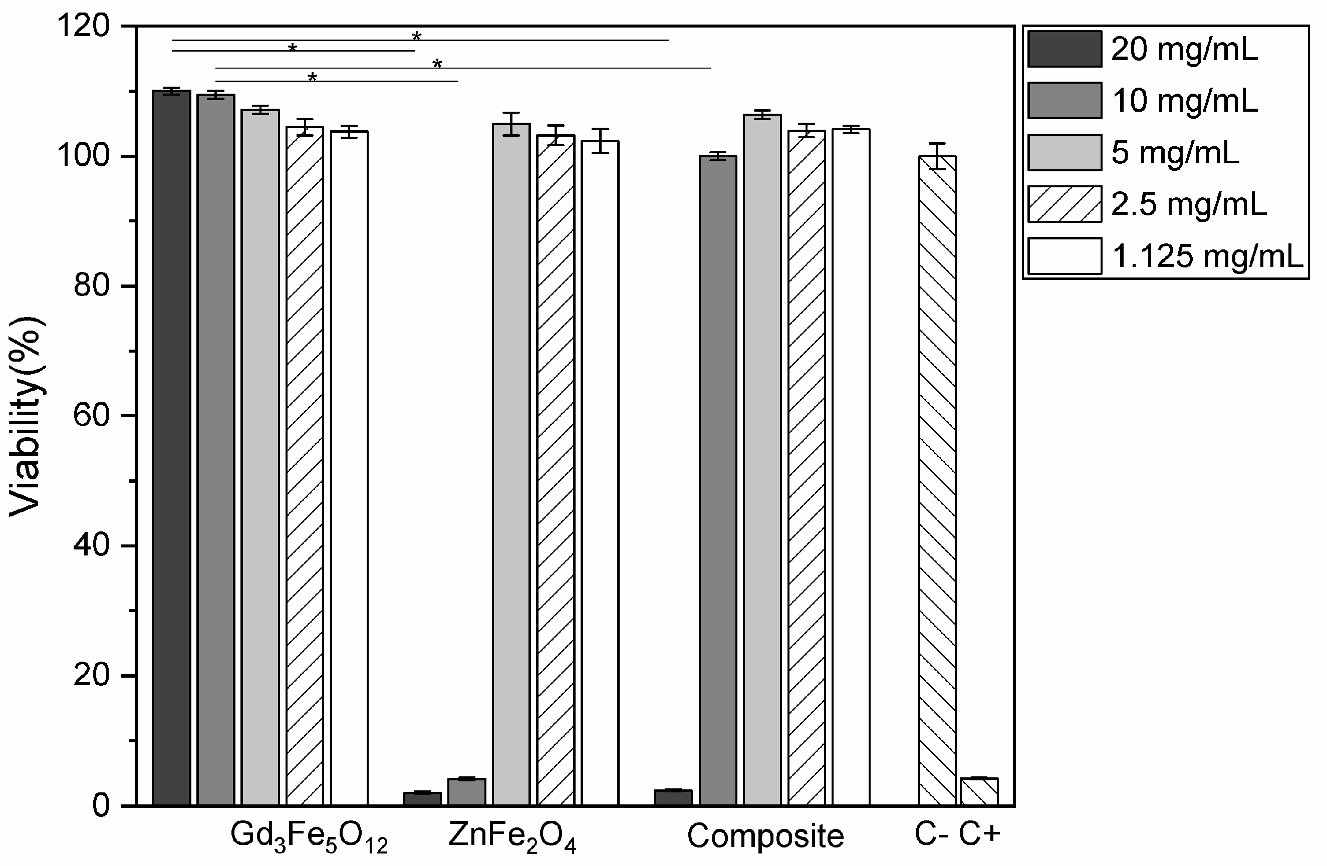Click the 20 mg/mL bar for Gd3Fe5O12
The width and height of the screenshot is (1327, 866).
click(172, 446)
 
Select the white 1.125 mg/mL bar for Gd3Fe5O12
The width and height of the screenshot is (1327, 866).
click(350, 468)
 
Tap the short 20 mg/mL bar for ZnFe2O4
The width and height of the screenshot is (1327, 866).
click(423, 798)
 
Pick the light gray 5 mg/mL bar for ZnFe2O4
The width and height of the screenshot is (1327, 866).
click(511, 463)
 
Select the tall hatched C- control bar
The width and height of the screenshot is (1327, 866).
click(937, 479)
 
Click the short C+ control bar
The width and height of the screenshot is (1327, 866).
click(979, 791)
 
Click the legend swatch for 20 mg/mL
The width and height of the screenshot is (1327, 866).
click(1065, 49)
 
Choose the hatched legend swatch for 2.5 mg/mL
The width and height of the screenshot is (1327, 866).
click(1065, 204)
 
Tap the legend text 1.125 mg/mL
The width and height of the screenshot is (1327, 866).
click(1208, 256)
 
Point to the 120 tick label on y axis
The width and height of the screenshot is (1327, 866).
click(84, 26)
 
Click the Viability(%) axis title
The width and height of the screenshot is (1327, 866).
click(26, 415)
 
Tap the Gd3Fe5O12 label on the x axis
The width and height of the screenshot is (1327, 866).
click(309, 837)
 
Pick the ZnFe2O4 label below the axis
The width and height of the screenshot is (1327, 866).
click(511, 837)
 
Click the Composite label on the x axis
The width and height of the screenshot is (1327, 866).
click(765, 836)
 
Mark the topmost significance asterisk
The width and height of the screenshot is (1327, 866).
click(416, 37)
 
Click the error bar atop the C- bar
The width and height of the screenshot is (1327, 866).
click(937, 156)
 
